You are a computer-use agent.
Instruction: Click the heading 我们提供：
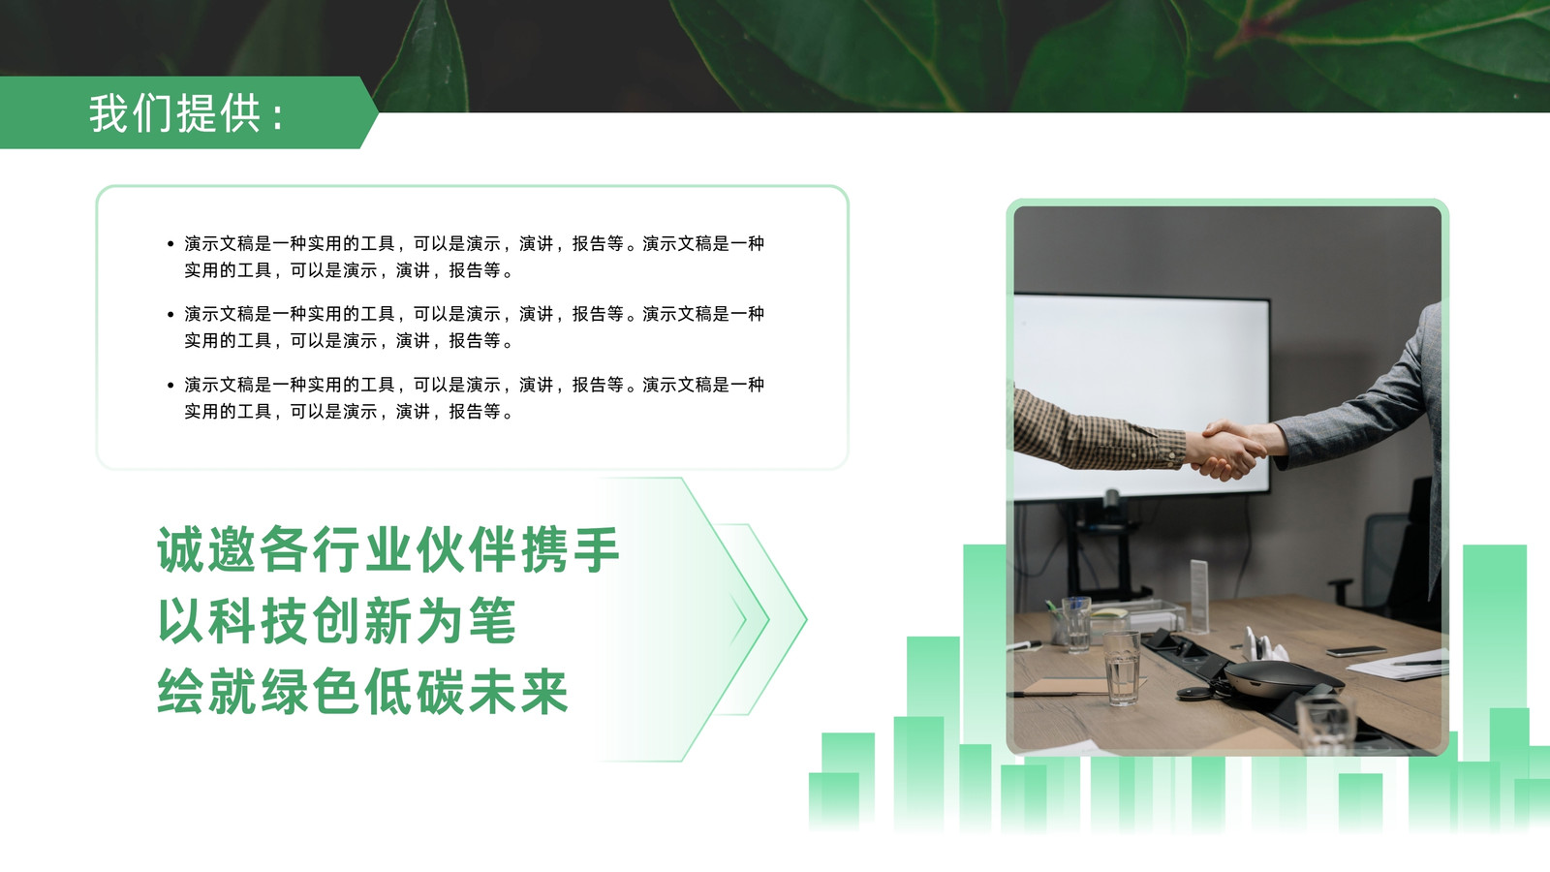pyautogui.click(x=187, y=113)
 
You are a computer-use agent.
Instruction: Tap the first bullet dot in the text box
pyautogui.click(x=170, y=243)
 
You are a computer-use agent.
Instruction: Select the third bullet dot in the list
pyautogui.click(x=170, y=385)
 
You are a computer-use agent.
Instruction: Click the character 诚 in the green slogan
pyautogui.click(x=180, y=549)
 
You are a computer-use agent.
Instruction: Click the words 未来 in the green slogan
pyautogui.click(x=518, y=692)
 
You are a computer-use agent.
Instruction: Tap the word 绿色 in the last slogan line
pyautogui.click(x=311, y=692)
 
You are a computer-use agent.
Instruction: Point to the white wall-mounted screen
pyautogui.click(x=1142, y=394)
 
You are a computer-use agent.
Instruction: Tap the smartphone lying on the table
pyautogui.click(x=1355, y=650)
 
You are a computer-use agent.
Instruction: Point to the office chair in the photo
pyautogui.click(x=1384, y=553)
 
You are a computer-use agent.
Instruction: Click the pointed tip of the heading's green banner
pyautogui.click(x=378, y=112)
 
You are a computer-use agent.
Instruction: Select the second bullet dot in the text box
pyautogui.click(x=170, y=314)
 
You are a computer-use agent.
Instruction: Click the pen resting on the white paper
pyautogui.click(x=1418, y=663)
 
